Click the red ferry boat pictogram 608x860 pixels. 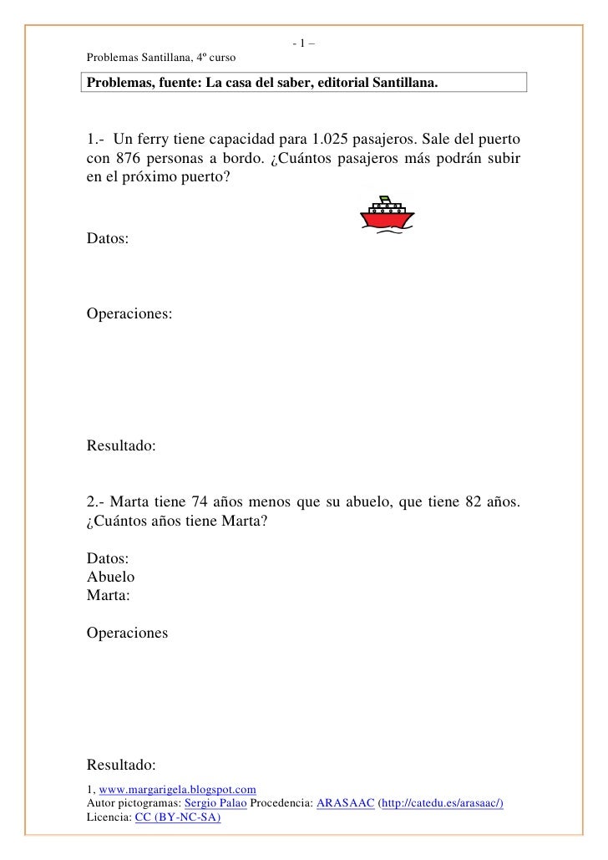click(387, 213)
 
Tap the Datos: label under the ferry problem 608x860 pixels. click(108, 239)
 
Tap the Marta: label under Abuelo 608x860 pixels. click(109, 596)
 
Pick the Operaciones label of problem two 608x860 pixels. click(127, 634)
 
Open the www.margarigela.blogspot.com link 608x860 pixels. click(177, 789)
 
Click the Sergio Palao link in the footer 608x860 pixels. click(215, 802)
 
